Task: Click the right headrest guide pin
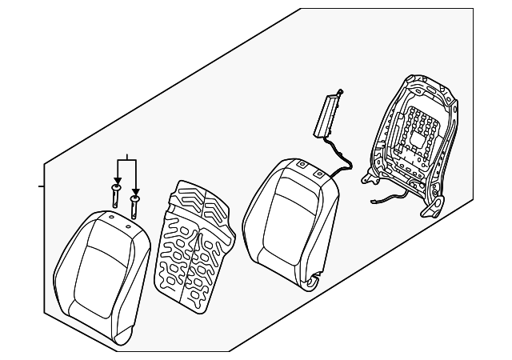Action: (135, 204)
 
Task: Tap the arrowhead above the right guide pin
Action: (135, 190)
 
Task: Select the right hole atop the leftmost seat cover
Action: (128, 228)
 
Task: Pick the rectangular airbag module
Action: (330, 114)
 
